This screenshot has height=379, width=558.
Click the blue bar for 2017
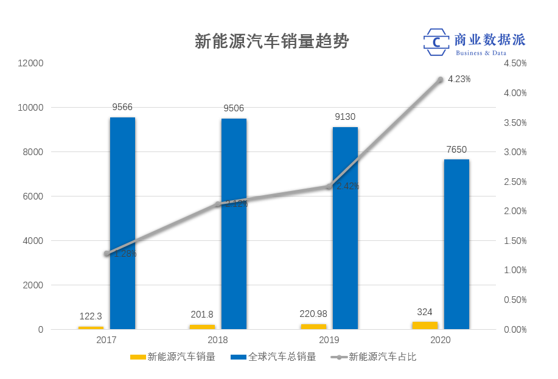122,223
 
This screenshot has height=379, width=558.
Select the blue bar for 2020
456,244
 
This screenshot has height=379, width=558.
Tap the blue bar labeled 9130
345,228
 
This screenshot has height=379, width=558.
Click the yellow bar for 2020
425,325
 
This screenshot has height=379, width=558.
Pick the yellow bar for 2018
202,327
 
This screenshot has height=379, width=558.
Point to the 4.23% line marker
441,80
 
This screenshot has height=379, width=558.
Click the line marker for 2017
106,254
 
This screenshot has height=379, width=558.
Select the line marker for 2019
329,186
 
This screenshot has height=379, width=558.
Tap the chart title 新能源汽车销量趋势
271,41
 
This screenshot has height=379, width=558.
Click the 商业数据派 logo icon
436,42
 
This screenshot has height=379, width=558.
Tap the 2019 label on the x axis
329,340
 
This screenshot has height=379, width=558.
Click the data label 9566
122,108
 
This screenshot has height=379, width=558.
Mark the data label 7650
456,150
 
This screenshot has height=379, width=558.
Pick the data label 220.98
313,314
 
